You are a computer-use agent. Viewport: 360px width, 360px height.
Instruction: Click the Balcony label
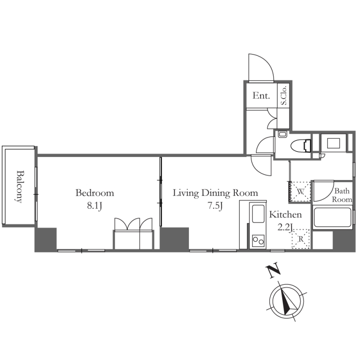coord(20,186)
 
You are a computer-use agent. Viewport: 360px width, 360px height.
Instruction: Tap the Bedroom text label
coord(94,193)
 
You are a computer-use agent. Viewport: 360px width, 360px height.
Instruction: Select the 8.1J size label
coord(94,206)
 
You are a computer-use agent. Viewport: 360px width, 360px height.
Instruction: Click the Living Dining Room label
coord(215,193)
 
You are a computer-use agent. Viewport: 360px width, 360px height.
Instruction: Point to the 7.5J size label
coord(215,206)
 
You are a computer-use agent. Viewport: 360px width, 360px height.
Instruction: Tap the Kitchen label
coord(285,215)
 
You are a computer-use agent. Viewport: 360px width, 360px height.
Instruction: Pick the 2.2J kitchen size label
coord(285,227)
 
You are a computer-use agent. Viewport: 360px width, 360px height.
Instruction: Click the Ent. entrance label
coord(261,95)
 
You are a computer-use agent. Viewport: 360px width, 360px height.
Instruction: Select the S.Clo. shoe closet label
coord(284,95)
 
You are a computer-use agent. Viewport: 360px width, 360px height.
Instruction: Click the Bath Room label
coord(342,195)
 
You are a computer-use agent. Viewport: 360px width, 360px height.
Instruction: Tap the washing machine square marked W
coord(300,192)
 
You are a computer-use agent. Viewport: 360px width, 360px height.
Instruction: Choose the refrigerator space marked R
coord(301,239)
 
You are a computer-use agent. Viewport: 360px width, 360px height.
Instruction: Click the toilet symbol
coord(301,146)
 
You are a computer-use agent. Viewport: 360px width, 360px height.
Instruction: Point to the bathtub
coord(332,217)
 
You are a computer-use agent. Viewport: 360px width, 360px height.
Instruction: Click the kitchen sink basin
coord(258,214)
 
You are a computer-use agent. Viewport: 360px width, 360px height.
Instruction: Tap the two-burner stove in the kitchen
coord(258,241)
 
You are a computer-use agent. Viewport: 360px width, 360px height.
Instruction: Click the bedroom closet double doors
coord(133,224)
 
